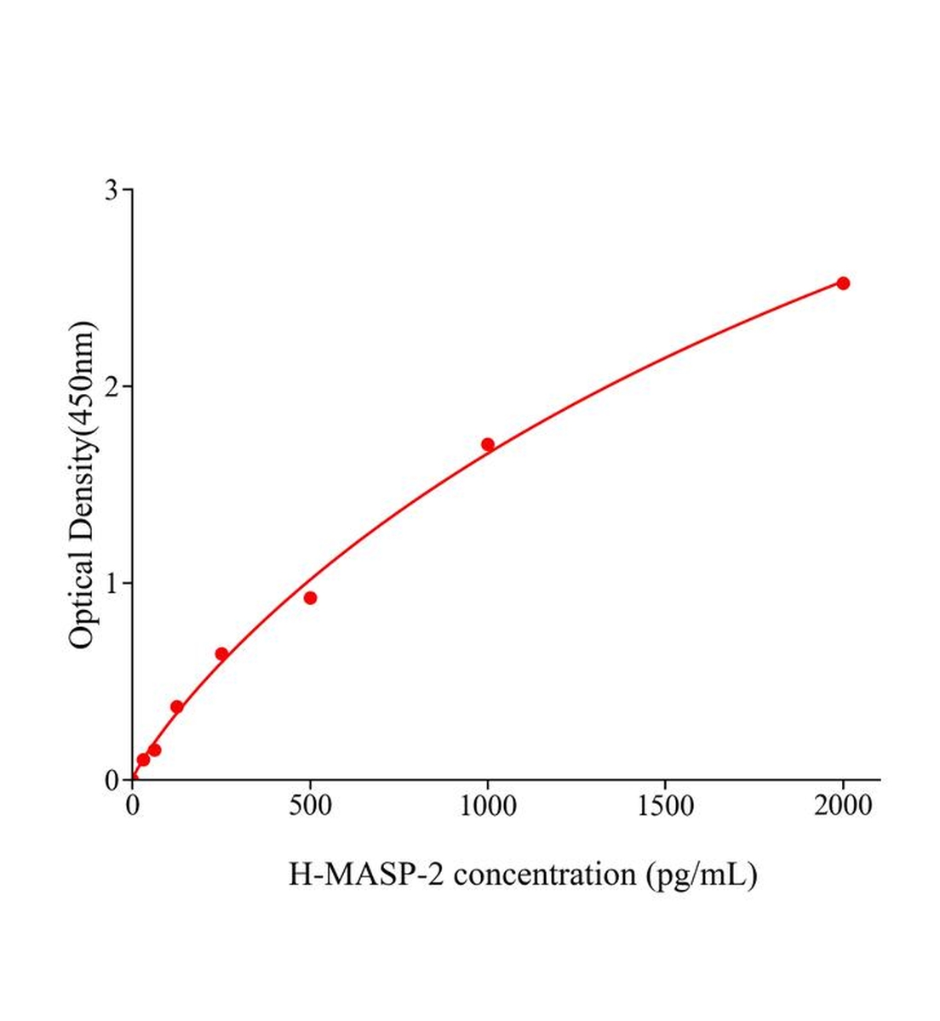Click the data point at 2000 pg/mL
tap(843, 283)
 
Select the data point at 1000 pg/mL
tap(488, 444)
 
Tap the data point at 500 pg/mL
tap(310, 598)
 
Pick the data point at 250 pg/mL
tap(221, 654)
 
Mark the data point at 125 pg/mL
tap(177, 707)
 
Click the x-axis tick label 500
tap(310, 805)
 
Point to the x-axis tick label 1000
tap(487, 805)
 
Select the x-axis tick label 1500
tap(665, 805)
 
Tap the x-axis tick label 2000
tap(842, 805)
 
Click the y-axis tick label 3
tap(112, 190)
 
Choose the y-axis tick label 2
tap(112, 386)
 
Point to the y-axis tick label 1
tap(112, 583)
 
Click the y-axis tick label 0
tap(112, 780)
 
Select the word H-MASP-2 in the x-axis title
tap(366, 874)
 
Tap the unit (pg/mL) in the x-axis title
tap(702, 874)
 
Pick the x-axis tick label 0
tap(133, 805)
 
